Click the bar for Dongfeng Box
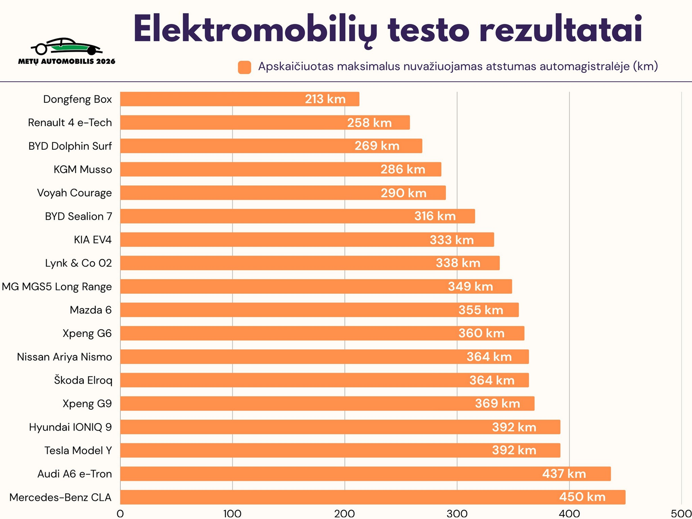click(240, 99)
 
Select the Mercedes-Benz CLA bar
click(372, 497)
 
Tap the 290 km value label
click(404, 193)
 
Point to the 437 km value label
click(564, 474)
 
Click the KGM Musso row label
click(83, 170)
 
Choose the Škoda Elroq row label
click(83, 381)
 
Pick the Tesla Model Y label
click(78, 451)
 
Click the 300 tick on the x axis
click(457, 514)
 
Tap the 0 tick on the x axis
click(120, 514)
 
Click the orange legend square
click(244, 67)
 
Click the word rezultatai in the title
click(560, 30)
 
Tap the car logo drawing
click(67, 46)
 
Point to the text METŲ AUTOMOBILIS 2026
click(67, 62)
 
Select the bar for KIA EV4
click(307, 240)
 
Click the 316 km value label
click(435, 216)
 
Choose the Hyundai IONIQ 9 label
click(70, 427)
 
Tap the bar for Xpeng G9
click(327, 404)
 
